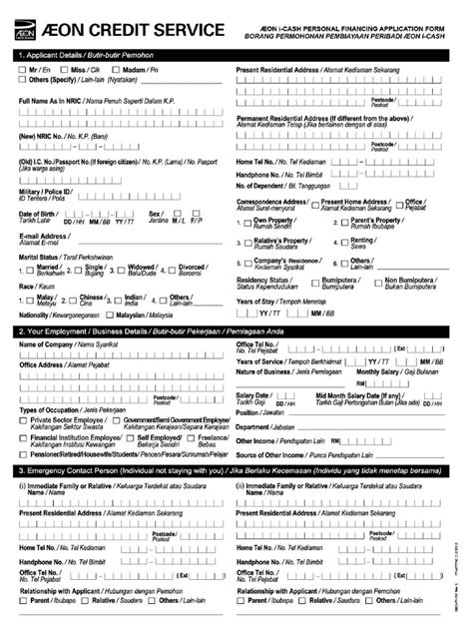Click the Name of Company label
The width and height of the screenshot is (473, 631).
(x=45, y=344)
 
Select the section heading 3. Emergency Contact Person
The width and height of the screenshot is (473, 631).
(x=70, y=470)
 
